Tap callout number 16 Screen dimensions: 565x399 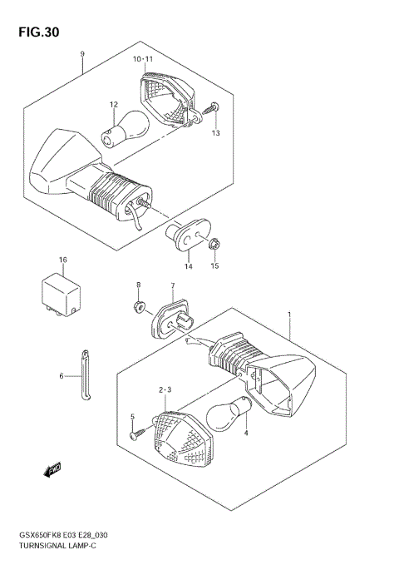pyautogui.click(x=62, y=260)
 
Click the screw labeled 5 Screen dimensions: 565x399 pyautogui.click(x=137, y=432)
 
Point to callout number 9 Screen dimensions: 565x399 pyautogui.click(x=83, y=54)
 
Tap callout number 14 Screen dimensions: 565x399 pyautogui.click(x=189, y=266)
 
